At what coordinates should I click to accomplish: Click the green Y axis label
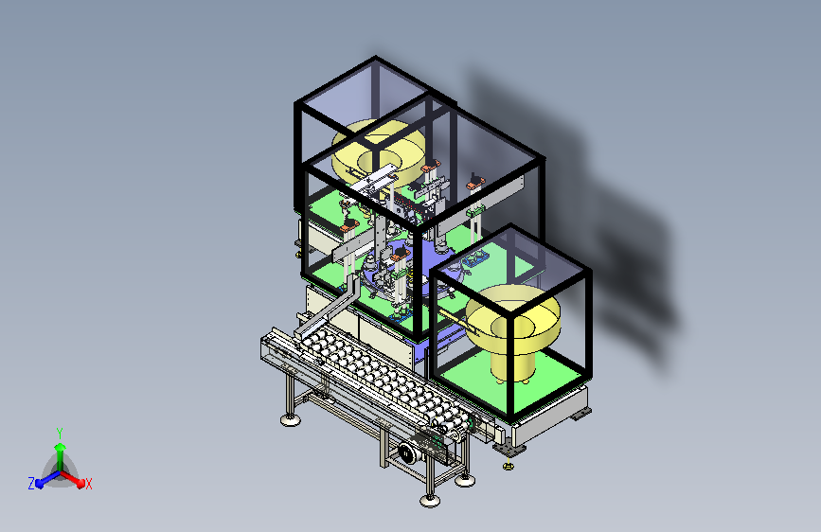tap(60, 434)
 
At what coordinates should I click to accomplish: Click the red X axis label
tap(89, 484)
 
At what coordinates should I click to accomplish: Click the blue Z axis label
tap(31, 484)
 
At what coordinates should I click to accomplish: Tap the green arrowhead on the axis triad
tap(61, 447)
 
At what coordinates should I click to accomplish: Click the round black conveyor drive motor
tap(407, 452)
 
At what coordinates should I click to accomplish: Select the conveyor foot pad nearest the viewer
tap(430, 501)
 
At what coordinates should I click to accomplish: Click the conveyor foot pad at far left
tap(291, 419)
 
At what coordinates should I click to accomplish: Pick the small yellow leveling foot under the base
tap(508, 465)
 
